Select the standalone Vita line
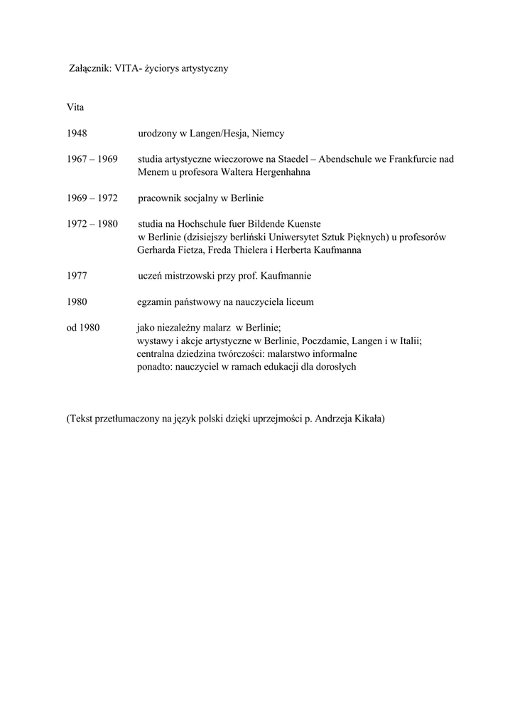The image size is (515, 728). pyautogui.click(x=75, y=107)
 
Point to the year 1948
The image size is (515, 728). pyautogui.click(x=77, y=134)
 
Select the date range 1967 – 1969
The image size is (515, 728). pyautogui.click(x=92, y=159)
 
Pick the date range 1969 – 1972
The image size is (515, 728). pyautogui.click(x=92, y=198)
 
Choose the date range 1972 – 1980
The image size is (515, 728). pyautogui.click(x=92, y=224)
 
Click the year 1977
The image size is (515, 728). pyautogui.click(x=77, y=276)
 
